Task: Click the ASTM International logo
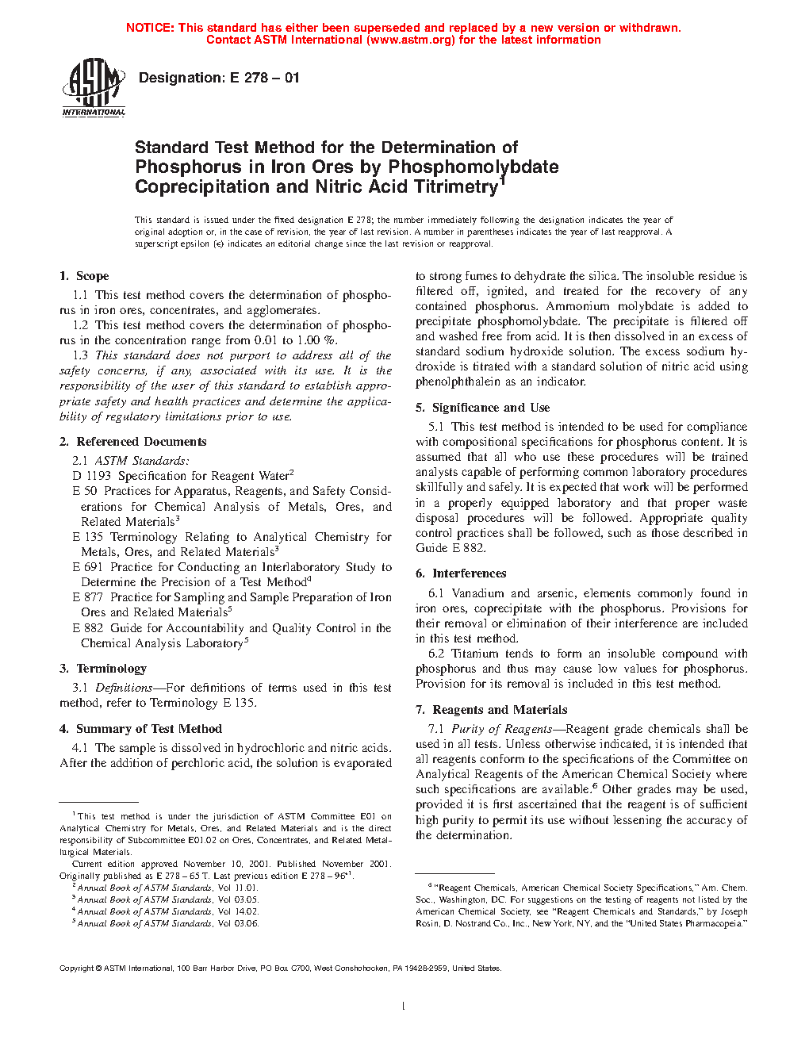[94, 87]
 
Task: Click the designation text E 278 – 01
[265, 78]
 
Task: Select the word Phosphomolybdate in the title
[473, 167]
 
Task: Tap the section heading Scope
[92, 276]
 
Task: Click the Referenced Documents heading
[141, 442]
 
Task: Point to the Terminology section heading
[111, 669]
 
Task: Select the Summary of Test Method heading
[148, 729]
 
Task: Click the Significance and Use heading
[490, 408]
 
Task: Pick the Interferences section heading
[469, 573]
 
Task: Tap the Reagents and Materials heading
[500, 710]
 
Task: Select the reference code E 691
[88, 567]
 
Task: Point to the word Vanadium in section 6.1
[477, 593]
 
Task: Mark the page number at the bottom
[404, 1007]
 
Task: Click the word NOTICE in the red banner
[150, 28]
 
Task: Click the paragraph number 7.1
[436, 729]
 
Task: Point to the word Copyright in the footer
[77, 968]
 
